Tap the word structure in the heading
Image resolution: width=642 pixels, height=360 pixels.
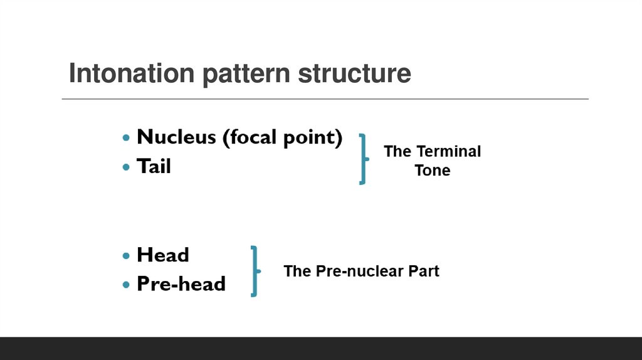pyautogui.click(x=354, y=73)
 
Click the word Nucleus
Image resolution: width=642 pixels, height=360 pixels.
pyautogui.click(x=176, y=137)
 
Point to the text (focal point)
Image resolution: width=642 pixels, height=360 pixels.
pyautogui.click(x=282, y=137)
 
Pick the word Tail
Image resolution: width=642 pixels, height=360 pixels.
pyautogui.click(x=154, y=166)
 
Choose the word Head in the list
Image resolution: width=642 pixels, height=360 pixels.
pyautogui.click(x=163, y=255)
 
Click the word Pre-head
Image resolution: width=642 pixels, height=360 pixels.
pyautogui.click(x=181, y=284)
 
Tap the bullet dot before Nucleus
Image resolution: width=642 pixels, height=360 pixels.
pyautogui.click(x=127, y=137)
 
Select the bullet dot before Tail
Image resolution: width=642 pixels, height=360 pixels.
pyautogui.click(x=127, y=167)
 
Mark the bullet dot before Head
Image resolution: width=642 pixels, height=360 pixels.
pyautogui.click(x=127, y=256)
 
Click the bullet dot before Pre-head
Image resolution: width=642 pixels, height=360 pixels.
pyautogui.click(x=127, y=285)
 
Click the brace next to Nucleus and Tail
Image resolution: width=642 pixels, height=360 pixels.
pyautogui.click(x=363, y=158)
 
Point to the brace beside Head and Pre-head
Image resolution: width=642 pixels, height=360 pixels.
pyautogui.click(x=255, y=271)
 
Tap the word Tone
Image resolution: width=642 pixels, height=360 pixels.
pyautogui.click(x=432, y=171)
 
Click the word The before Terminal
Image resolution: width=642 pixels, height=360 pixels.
pyautogui.click(x=397, y=151)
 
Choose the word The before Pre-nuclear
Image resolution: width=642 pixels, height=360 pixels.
pyautogui.click(x=297, y=271)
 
